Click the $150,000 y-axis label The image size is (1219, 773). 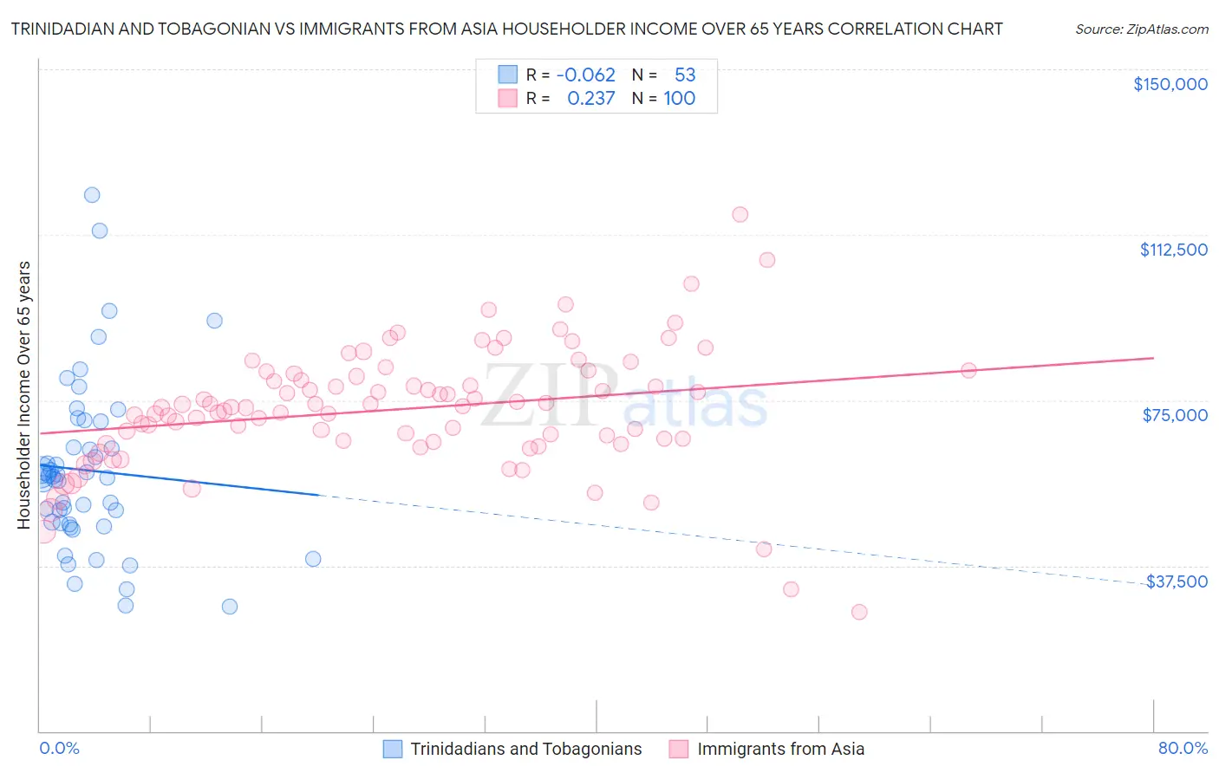[1170, 84]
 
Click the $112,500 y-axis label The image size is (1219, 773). [1173, 250]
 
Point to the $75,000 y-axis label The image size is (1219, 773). [1175, 415]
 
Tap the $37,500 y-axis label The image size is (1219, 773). [1177, 581]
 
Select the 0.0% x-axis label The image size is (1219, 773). [59, 748]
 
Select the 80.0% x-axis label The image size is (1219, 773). [1183, 748]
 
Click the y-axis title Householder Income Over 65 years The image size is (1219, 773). [24, 394]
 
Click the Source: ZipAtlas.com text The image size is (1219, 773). [1141, 29]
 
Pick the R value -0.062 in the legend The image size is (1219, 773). [585, 75]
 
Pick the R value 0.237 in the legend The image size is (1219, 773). [590, 99]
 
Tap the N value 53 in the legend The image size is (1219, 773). [685, 75]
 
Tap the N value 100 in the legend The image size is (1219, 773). [679, 99]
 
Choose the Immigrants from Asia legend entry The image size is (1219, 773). [780, 749]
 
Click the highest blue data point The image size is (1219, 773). [92, 195]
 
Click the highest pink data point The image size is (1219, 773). [740, 214]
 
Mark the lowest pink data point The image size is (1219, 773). [859, 612]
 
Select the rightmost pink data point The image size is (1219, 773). [968, 370]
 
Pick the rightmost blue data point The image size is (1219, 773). [313, 559]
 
